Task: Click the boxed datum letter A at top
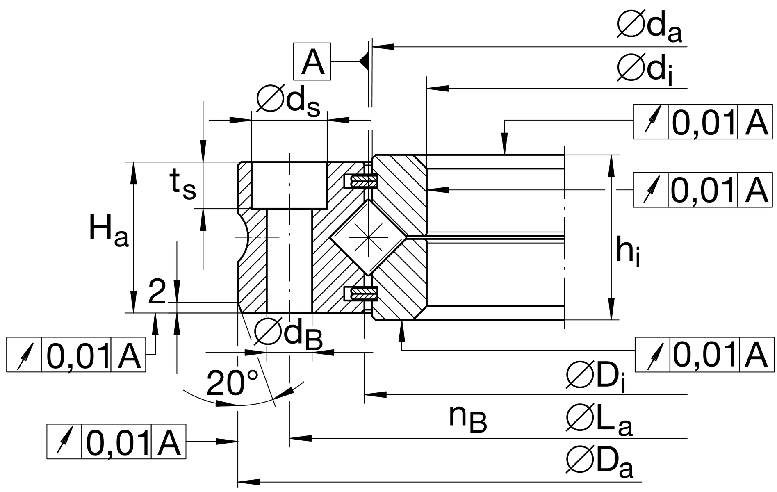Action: coord(312,61)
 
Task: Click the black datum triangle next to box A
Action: coord(364,61)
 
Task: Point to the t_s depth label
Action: coord(183,185)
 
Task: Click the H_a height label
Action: coord(108,232)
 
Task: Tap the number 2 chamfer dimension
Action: coord(157,292)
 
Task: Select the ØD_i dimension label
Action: coord(597,380)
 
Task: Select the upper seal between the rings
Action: coord(361,181)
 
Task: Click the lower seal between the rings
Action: coord(361,294)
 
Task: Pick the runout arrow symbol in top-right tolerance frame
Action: coord(651,122)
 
